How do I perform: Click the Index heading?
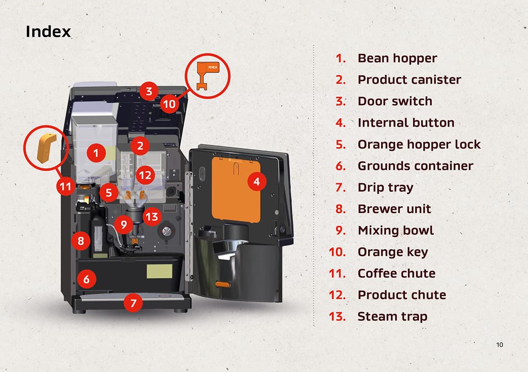click(48, 32)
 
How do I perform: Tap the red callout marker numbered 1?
click(96, 153)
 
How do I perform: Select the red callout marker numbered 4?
click(257, 181)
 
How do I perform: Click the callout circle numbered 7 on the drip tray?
click(133, 303)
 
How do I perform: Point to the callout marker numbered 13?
click(151, 217)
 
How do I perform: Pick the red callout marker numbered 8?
click(81, 241)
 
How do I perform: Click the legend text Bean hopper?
click(397, 58)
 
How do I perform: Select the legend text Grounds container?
click(415, 166)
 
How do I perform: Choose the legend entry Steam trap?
click(392, 316)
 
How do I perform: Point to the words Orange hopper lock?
click(419, 144)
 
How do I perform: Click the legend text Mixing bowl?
click(396, 230)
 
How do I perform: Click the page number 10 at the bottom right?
click(500, 345)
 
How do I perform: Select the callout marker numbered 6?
click(86, 279)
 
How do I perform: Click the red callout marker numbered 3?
click(149, 91)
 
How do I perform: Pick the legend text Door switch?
click(395, 101)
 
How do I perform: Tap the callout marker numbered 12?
click(144, 175)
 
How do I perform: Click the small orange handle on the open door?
click(221, 285)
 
